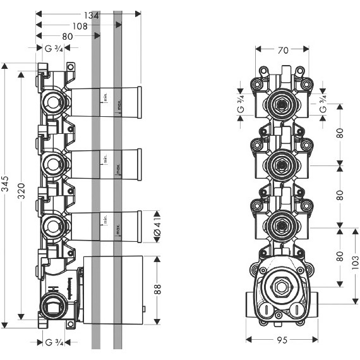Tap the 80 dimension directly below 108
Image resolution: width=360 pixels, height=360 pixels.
tap(66, 37)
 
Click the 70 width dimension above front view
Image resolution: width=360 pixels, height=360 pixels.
tap(282, 48)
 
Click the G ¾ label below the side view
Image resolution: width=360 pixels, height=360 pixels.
tap(53, 342)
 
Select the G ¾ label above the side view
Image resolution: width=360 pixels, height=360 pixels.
tap(53, 48)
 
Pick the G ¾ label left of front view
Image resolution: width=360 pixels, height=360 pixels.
tap(241, 104)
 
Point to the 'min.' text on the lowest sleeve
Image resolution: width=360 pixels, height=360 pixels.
tap(106, 220)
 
